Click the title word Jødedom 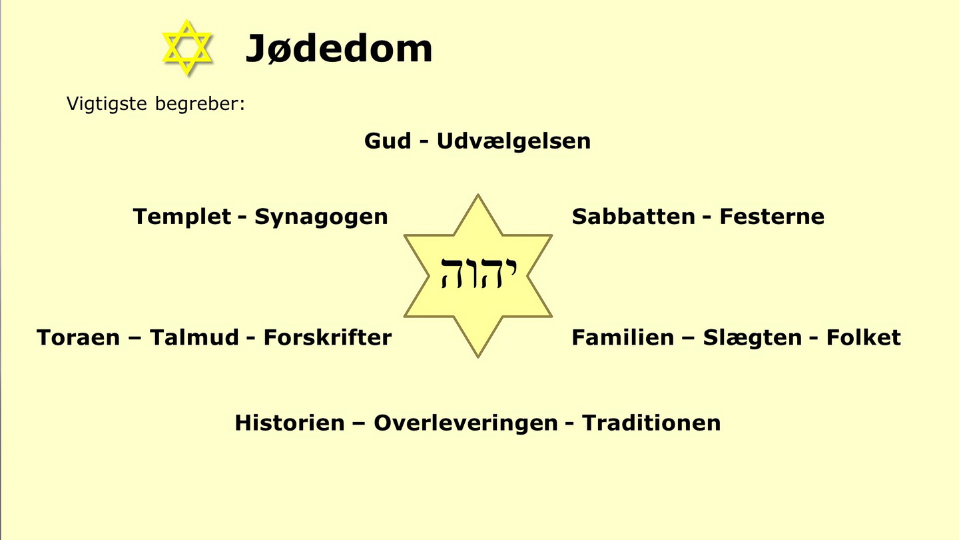pyautogui.click(x=338, y=49)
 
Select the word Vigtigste pyautogui.click(x=107, y=104)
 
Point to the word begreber pyautogui.click(x=200, y=103)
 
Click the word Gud pyautogui.click(x=388, y=141)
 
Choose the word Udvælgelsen pyautogui.click(x=513, y=141)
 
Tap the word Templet pyautogui.click(x=182, y=217)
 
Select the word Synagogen pyautogui.click(x=321, y=217)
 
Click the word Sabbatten pyautogui.click(x=633, y=216)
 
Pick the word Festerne pyautogui.click(x=772, y=216)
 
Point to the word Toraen pyautogui.click(x=78, y=337)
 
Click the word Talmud pyautogui.click(x=194, y=337)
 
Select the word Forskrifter pyautogui.click(x=328, y=337)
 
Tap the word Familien pyautogui.click(x=623, y=337)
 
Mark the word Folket pyautogui.click(x=864, y=337)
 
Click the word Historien pyautogui.click(x=290, y=423)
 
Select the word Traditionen pyautogui.click(x=651, y=423)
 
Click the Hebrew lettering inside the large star pyautogui.click(x=479, y=273)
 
